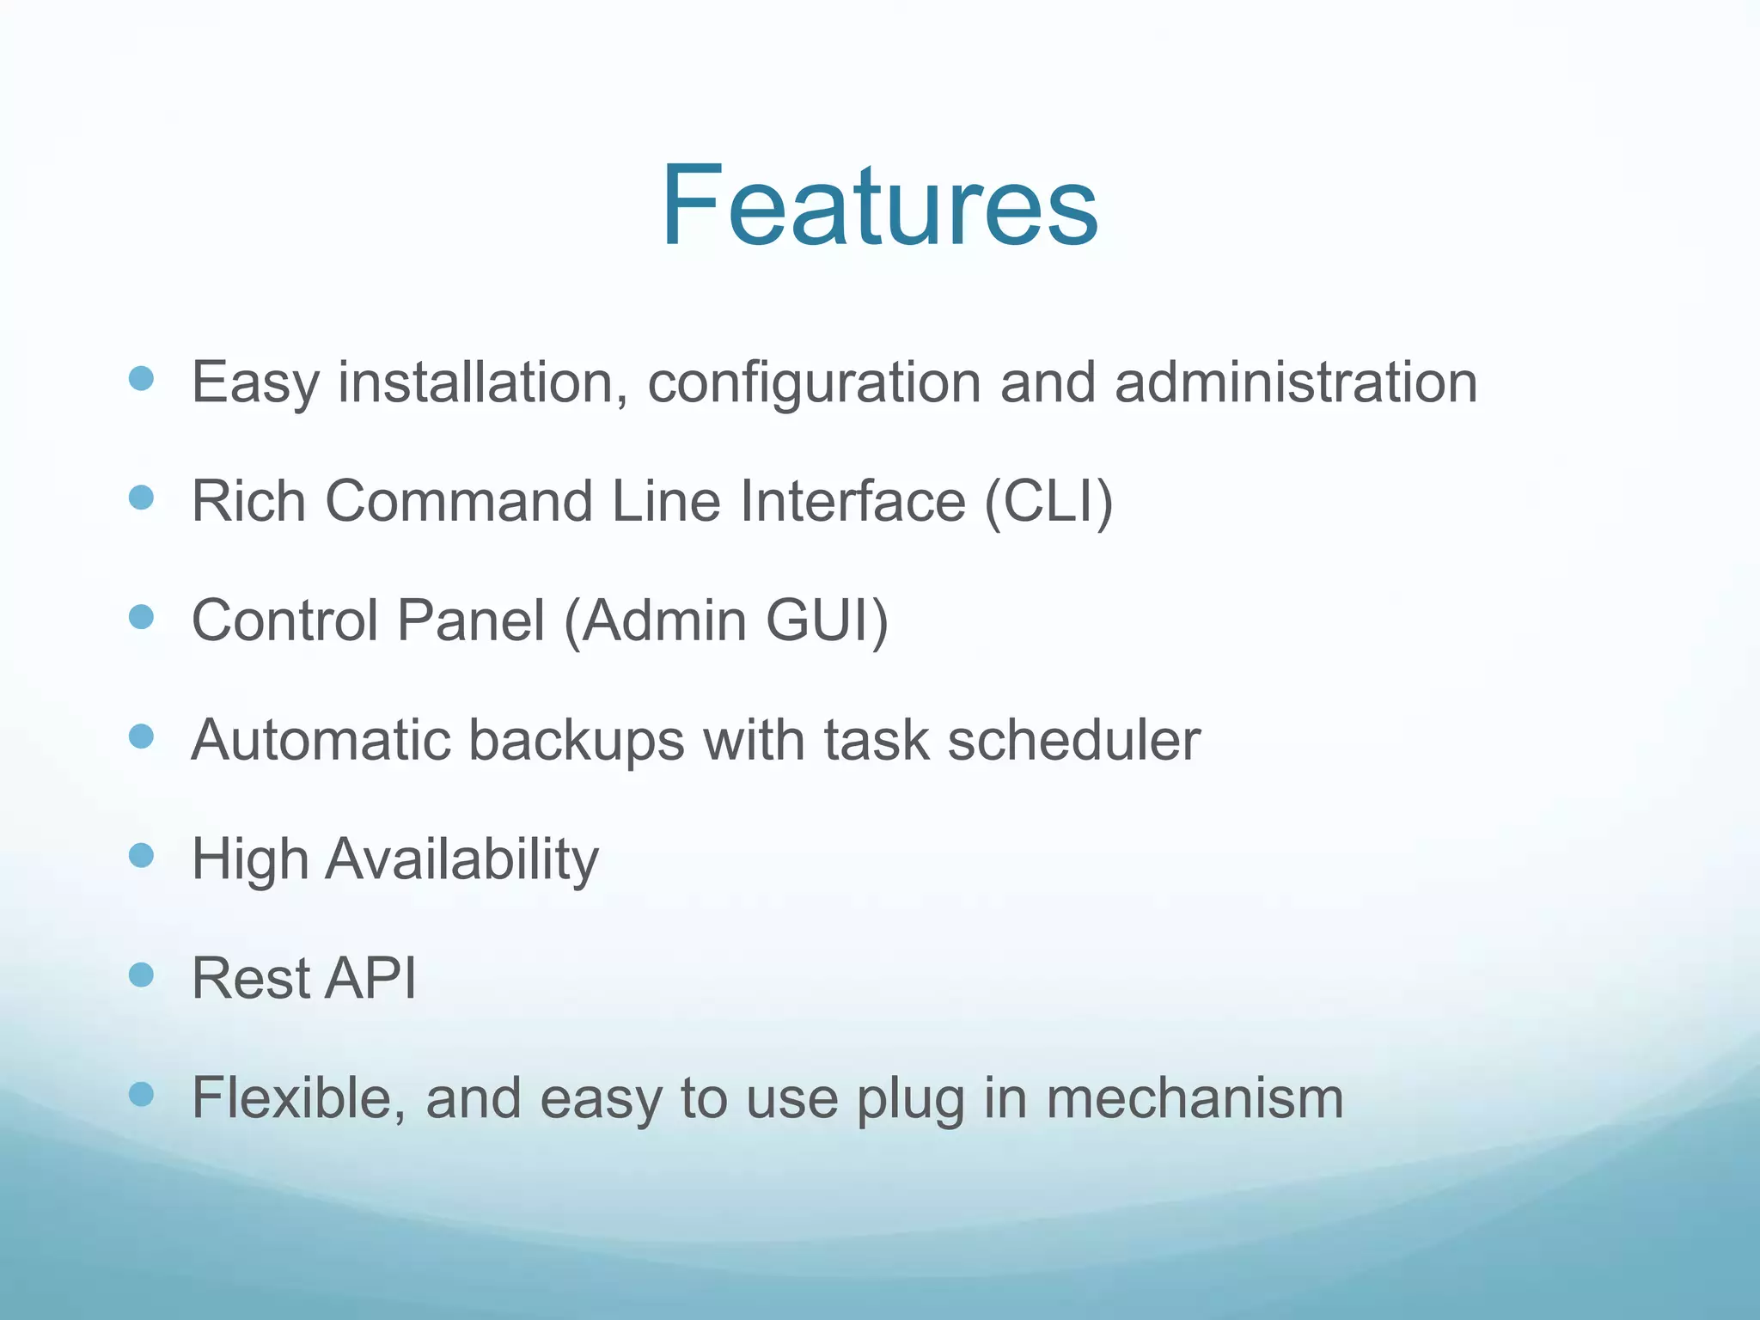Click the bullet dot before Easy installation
pyautogui.click(x=141, y=378)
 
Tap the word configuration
pyautogui.click(x=813, y=382)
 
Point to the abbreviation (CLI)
pyautogui.click(x=1048, y=501)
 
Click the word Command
pyautogui.click(x=459, y=501)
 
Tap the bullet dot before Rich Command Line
pyautogui.click(x=141, y=498)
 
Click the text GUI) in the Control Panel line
pyautogui.click(x=826, y=620)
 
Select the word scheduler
pyautogui.click(x=1073, y=740)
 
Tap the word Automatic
pyautogui.click(x=321, y=740)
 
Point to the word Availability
pyautogui.click(x=461, y=859)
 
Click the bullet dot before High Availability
pyautogui.click(x=141, y=855)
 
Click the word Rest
pyautogui.click(x=250, y=978)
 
